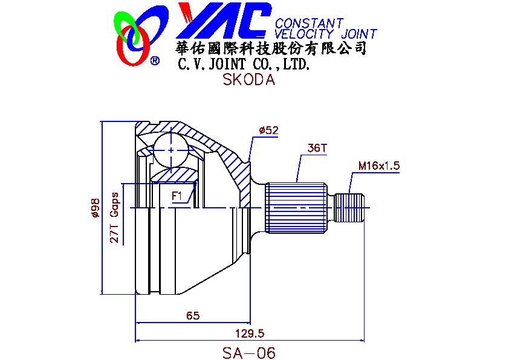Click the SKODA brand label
pos(248,80)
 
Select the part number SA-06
pos(248,353)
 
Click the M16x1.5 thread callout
pos(379,165)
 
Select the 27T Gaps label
pos(114,219)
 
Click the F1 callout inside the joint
pos(177,196)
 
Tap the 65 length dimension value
pos(193,315)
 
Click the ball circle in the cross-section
pos(171,149)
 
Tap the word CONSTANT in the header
pos(309,24)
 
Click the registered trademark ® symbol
pos(155,60)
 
